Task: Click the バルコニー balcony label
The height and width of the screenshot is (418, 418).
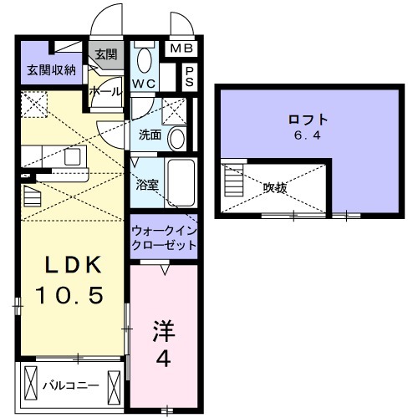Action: [71, 386]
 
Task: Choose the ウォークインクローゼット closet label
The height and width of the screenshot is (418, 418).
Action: [164, 237]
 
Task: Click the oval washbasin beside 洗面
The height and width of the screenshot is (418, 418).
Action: [177, 138]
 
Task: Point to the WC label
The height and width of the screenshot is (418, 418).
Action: [145, 84]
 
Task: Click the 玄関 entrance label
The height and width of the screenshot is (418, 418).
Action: [105, 55]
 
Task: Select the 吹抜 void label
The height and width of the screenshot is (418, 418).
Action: [276, 188]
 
